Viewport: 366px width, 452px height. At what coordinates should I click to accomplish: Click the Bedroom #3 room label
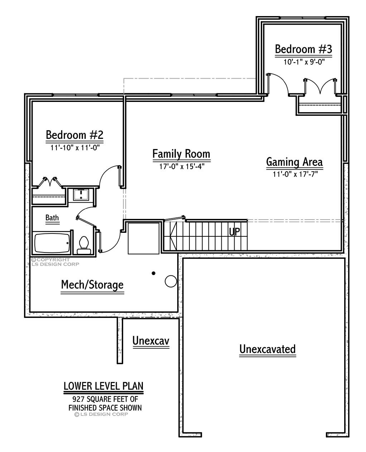(303, 49)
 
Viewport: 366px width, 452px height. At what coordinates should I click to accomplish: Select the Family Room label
(181, 154)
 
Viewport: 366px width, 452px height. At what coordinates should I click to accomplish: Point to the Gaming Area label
(294, 162)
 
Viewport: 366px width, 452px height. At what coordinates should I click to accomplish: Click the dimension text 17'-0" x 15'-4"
(182, 166)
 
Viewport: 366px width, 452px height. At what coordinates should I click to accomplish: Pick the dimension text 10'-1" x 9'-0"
(304, 62)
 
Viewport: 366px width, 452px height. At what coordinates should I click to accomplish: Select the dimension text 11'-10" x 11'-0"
(74, 147)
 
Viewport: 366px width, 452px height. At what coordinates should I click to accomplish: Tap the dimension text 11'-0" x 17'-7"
(295, 174)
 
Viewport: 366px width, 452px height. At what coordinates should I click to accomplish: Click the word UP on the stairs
(235, 232)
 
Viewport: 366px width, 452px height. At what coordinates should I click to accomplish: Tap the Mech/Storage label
(92, 285)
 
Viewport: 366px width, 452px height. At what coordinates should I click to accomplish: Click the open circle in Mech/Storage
(170, 281)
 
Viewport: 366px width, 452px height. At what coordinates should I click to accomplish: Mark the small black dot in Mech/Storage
(154, 273)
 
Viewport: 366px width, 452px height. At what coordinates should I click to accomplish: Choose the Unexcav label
(151, 341)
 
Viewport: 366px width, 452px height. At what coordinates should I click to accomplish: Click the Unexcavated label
(268, 349)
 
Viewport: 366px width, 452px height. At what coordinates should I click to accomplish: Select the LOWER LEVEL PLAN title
(103, 386)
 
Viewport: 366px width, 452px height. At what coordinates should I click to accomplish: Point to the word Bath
(52, 217)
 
